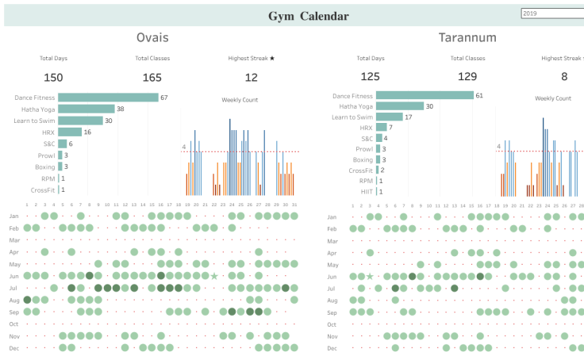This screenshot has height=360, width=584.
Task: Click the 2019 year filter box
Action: (x=551, y=13)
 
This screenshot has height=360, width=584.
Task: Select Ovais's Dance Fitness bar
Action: (x=109, y=98)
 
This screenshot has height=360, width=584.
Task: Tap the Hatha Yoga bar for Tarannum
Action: (x=399, y=106)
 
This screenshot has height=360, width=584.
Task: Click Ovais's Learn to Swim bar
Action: (x=80, y=121)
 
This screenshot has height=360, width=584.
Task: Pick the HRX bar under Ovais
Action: (x=70, y=132)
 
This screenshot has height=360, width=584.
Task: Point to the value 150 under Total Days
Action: (x=53, y=77)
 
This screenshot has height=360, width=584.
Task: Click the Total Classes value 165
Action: (x=152, y=77)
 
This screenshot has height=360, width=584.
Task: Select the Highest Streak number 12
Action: (x=251, y=77)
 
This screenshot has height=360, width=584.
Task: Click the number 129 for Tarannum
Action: (x=468, y=76)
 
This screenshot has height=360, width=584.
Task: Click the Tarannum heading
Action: (x=467, y=37)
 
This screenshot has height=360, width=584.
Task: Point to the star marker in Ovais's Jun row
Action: (x=214, y=276)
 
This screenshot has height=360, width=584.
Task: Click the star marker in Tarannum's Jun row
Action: (x=370, y=276)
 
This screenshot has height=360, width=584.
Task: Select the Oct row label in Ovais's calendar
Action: (x=13, y=324)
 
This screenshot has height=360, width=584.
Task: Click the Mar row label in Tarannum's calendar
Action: (x=332, y=240)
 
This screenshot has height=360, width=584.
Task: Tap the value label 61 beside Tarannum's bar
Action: (x=480, y=95)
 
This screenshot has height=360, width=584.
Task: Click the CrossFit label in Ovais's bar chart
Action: (x=43, y=190)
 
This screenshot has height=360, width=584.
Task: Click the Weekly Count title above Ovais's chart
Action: (x=239, y=100)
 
